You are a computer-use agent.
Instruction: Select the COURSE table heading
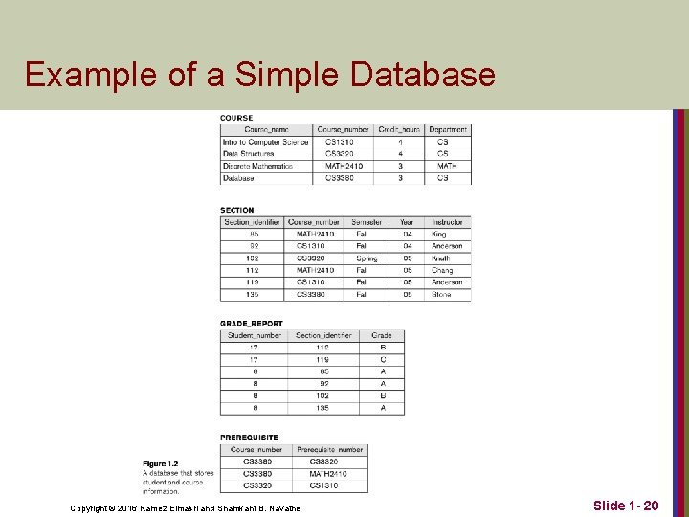[x=236, y=119]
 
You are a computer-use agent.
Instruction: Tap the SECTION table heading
[x=237, y=210]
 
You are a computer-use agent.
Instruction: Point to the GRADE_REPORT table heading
[x=252, y=324]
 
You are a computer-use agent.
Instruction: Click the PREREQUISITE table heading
[x=249, y=438]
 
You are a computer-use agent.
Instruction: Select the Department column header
[x=448, y=130]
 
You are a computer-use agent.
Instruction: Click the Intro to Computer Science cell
[x=266, y=142]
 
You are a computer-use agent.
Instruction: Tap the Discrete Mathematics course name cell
[x=257, y=166]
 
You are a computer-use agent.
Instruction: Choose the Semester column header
[x=366, y=222]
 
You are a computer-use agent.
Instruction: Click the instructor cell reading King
[x=438, y=234]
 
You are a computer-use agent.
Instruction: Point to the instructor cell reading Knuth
[x=440, y=258]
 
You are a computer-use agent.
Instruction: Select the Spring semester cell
[x=366, y=258]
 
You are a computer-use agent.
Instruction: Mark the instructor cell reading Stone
[x=440, y=294]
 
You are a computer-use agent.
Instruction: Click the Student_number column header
[x=254, y=335]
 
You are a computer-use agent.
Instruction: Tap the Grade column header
[x=382, y=335]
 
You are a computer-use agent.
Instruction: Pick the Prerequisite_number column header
[x=330, y=449]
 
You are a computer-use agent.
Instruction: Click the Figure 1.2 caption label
[x=160, y=463]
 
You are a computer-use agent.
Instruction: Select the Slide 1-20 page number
[x=625, y=505]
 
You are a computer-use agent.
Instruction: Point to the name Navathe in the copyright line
[x=279, y=507]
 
